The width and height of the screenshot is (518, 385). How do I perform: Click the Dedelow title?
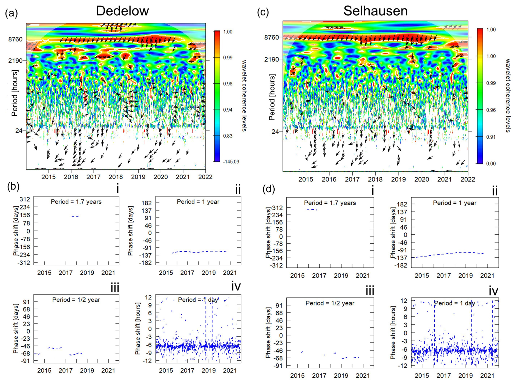coord(122,11)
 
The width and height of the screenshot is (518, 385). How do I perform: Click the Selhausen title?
coord(375,11)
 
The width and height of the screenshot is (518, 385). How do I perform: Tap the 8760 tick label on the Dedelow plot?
coord(15,39)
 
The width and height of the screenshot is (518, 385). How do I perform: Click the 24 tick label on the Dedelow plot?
coord(19,131)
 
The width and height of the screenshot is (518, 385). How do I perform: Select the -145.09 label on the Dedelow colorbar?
coord(231,162)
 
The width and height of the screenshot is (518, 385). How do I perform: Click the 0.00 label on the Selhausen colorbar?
coord(491,164)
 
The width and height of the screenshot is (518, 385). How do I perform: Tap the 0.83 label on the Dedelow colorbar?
coord(228,136)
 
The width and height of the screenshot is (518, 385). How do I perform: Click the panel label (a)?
coord(11,13)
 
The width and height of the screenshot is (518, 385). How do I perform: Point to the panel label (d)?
coord(269,189)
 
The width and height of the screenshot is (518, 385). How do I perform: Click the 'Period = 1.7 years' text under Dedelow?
coord(76,202)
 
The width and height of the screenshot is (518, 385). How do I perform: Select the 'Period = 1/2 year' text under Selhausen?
coord(330,303)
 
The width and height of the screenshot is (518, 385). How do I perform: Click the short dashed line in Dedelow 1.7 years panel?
coord(75,216)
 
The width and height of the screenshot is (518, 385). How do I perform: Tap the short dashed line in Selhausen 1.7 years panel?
coord(312,210)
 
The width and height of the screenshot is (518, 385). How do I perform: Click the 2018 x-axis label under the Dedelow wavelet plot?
coord(116,177)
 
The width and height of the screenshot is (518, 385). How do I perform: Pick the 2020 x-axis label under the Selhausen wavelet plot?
coord(422,179)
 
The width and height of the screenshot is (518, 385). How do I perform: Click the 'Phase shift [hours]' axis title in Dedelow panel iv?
coord(137,328)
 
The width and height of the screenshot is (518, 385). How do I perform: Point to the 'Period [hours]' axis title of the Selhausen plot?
coord(272,97)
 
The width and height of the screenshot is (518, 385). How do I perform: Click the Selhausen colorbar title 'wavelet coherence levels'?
coord(508,96)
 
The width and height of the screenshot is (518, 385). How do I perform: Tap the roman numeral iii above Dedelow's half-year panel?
coord(115,288)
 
